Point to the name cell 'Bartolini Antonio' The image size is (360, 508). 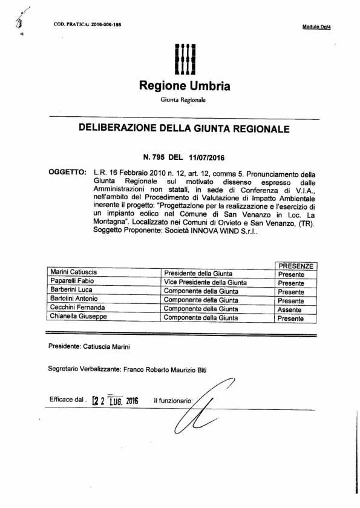pos(73,300)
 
